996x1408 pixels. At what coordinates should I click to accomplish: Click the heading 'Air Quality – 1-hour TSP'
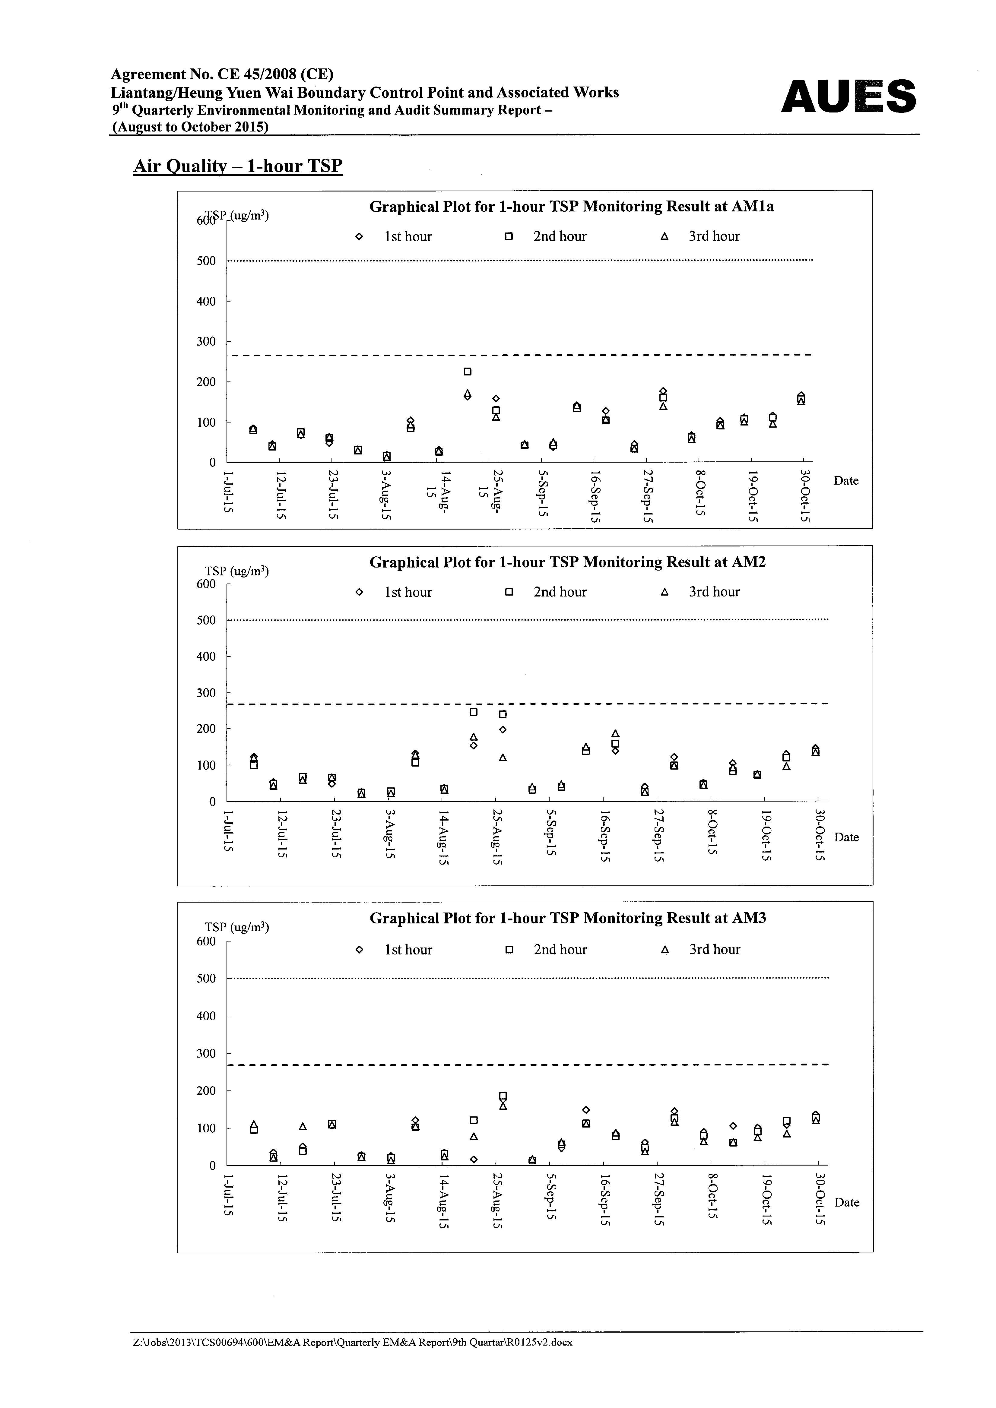coord(238,166)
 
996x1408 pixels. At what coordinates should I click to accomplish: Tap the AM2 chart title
coord(567,562)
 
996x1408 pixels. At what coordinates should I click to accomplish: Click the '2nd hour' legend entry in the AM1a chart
coord(546,237)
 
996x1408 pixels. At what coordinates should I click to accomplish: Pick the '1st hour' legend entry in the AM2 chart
coord(394,592)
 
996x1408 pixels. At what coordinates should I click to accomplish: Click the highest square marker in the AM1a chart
coord(467,372)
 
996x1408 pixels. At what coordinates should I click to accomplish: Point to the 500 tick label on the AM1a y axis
coord(206,261)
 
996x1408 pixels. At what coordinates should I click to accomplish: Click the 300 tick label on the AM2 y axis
coord(206,693)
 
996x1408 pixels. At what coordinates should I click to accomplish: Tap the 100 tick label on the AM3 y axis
coord(206,1128)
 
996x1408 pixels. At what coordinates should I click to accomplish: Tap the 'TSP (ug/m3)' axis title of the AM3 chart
coord(237,927)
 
